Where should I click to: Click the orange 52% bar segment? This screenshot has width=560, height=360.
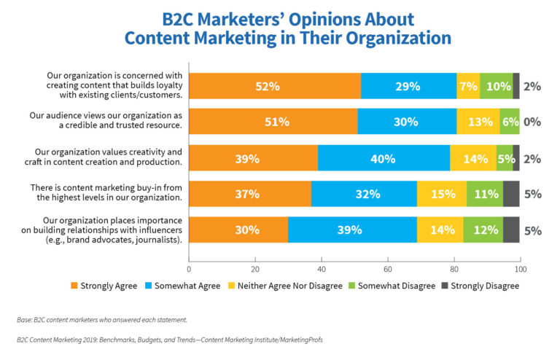tap(275, 86)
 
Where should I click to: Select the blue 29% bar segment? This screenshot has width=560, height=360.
tap(408, 86)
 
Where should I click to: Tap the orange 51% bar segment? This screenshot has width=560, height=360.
tap(273, 122)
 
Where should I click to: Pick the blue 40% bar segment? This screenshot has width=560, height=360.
tap(384, 158)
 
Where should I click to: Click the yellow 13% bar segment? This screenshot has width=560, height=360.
tap(478, 122)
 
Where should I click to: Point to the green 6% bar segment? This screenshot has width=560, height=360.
tap(510, 122)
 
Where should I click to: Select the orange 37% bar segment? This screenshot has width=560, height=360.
tap(250, 194)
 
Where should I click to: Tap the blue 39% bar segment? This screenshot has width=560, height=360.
tap(352, 230)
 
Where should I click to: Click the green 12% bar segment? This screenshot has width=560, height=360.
tap(483, 230)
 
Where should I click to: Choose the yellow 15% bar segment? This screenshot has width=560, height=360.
tap(442, 194)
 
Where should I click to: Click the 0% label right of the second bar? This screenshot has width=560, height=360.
tap(532, 122)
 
